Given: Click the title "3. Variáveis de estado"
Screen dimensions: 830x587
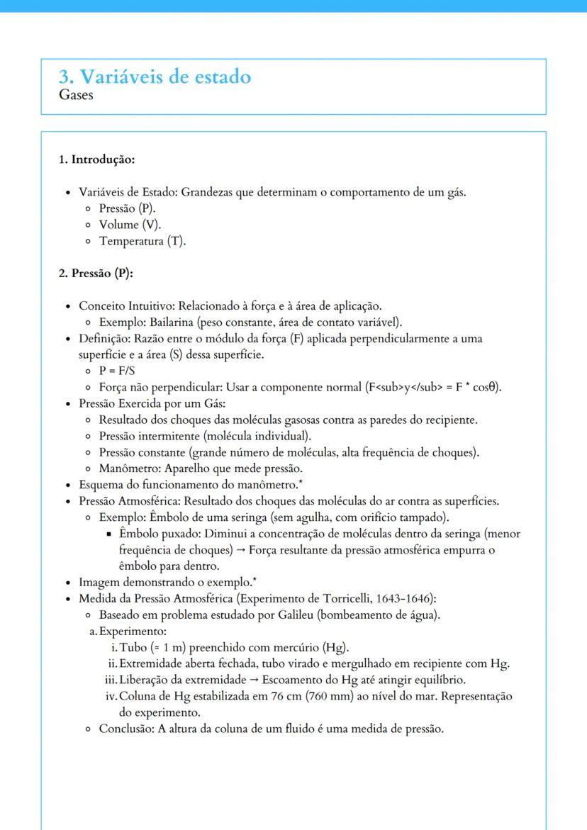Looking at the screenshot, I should click(x=155, y=77).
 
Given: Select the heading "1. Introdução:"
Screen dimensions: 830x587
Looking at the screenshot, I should click(x=96, y=159).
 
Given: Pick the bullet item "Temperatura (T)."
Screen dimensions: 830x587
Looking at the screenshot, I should click(x=142, y=241).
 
